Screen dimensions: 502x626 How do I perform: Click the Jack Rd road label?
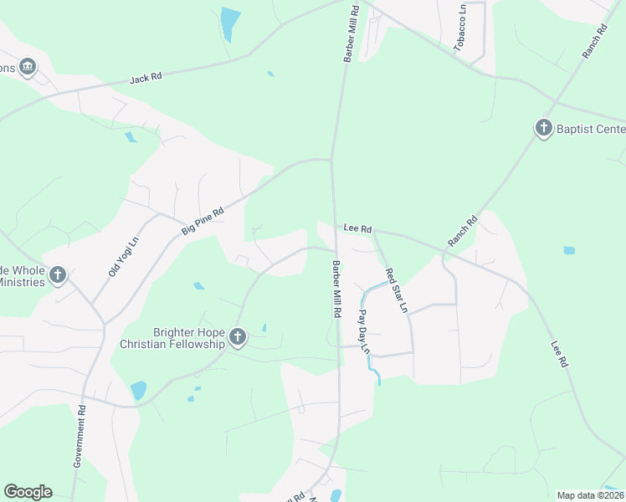[145, 79]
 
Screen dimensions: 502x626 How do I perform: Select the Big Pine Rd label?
[203, 222]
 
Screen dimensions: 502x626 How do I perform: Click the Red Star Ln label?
[396, 289]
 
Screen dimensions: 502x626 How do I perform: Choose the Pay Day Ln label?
[364, 331]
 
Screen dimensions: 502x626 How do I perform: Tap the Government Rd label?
[80, 436]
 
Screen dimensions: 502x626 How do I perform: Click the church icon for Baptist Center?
[543, 128]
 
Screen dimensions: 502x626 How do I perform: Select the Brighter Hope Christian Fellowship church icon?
[238, 337]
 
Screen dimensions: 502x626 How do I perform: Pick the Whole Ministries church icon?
[58, 274]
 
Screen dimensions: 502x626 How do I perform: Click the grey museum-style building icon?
[28, 67]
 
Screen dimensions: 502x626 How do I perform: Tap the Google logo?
[28, 492]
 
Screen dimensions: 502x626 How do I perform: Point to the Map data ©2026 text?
[590, 495]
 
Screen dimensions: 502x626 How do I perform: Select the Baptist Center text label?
[591, 128]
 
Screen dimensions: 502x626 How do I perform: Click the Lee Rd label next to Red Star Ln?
[357, 228]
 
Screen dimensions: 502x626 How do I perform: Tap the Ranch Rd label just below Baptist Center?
[462, 231]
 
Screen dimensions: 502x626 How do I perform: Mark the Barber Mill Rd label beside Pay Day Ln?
[336, 289]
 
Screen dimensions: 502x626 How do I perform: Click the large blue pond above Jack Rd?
[229, 23]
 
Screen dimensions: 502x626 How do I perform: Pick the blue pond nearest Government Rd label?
[138, 390]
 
